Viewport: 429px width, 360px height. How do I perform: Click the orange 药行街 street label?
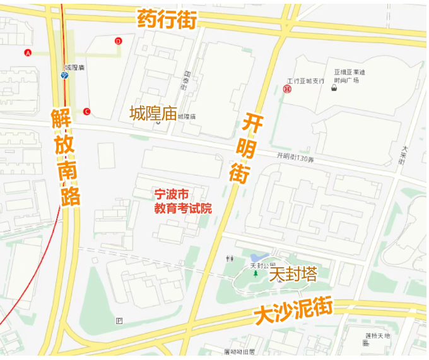pyautogui.click(x=167, y=20)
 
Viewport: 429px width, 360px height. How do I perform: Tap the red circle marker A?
pyautogui.click(x=28, y=53)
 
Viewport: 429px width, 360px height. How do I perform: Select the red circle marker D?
pyautogui.click(x=118, y=41)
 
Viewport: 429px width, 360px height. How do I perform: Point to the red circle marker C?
pyautogui.click(x=86, y=112)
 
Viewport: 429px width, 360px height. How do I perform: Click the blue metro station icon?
pyautogui.click(x=64, y=75)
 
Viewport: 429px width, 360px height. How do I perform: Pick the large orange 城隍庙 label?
pyautogui.click(x=152, y=114)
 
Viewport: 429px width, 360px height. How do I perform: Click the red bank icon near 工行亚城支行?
pyautogui.click(x=288, y=89)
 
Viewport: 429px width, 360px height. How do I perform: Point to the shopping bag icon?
pyautogui.click(x=349, y=89)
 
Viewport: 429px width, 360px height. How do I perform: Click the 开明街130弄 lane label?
pyautogui.click(x=295, y=157)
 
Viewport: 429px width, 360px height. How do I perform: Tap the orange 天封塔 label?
pyautogui.click(x=293, y=275)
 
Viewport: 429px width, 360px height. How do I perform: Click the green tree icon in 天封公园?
pyautogui.click(x=256, y=274)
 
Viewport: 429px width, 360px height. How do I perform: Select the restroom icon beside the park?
pyautogui.click(x=230, y=259)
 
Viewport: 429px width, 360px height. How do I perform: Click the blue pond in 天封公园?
pyautogui.click(x=257, y=258)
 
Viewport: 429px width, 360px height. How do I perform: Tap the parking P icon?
pyautogui.click(x=119, y=321)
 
